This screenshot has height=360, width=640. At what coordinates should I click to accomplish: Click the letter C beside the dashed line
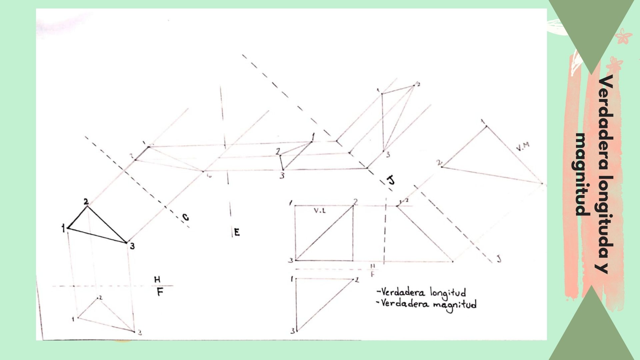click(x=185, y=218)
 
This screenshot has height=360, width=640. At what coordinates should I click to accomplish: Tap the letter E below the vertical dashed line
click(x=237, y=232)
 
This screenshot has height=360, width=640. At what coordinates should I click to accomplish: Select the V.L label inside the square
click(x=320, y=211)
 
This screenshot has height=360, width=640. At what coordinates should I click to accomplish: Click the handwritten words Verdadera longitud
click(x=422, y=293)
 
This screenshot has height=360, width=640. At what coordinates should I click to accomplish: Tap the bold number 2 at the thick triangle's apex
click(x=86, y=201)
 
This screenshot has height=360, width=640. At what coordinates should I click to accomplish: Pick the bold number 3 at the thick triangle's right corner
click(x=132, y=247)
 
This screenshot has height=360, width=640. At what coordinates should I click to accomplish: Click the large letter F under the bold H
click(x=160, y=292)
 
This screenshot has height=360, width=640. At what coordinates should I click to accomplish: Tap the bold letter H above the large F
click(x=157, y=279)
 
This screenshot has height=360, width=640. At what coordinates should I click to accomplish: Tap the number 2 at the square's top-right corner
click(x=356, y=201)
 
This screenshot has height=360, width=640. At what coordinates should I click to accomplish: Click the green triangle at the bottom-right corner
click(x=592, y=330)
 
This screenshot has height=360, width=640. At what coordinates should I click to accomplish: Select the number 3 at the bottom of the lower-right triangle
click(x=293, y=331)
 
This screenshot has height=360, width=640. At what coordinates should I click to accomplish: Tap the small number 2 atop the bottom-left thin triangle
click(x=100, y=297)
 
